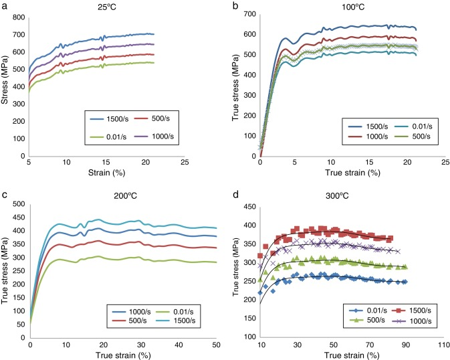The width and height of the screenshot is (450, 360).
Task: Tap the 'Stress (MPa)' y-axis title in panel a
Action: click(x=6, y=86)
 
